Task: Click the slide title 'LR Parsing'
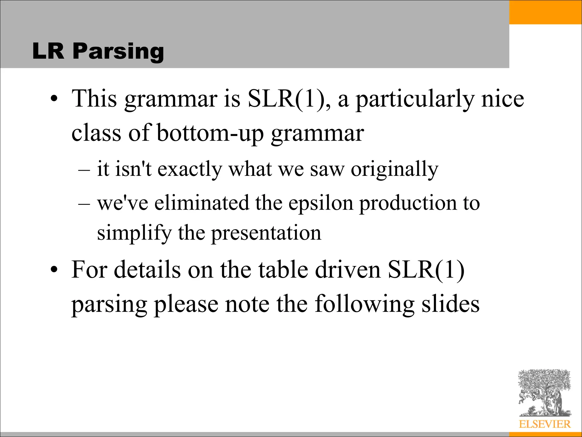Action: [x=98, y=51]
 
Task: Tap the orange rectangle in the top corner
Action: [x=545, y=12]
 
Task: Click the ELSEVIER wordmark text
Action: [x=544, y=424]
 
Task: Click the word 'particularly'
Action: [x=415, y=100]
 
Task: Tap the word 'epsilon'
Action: [x=321, y=203]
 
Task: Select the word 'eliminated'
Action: [x=201, y=203]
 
